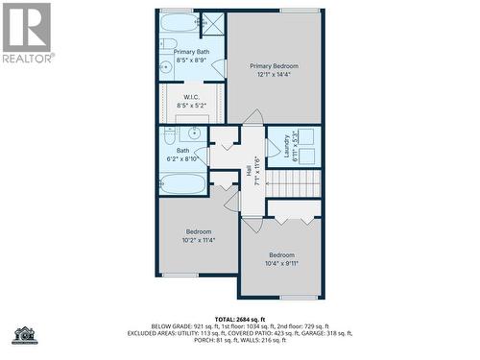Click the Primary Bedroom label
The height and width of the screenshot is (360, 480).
274,66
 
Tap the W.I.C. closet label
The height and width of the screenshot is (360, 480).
192,97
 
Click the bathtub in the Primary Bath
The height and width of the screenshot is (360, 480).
177,23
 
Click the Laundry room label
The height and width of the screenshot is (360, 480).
286,146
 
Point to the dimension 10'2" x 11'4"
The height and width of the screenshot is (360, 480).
199,240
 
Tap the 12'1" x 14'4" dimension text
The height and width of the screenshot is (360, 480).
274,74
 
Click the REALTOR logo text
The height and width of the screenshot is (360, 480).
27,57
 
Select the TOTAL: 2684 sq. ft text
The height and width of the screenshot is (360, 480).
240,319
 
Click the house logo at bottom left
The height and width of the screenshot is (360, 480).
24,334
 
